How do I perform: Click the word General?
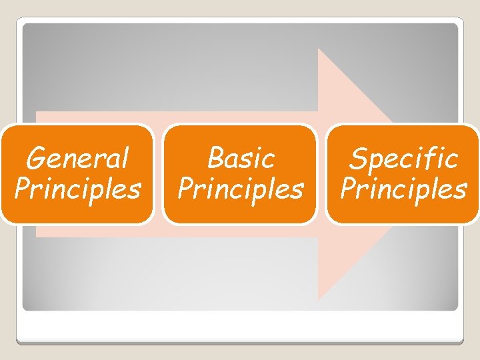point(77,159)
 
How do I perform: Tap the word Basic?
point(240,159)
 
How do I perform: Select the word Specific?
point(403,159)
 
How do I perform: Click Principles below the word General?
point(77,189)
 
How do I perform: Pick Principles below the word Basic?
point(240,189)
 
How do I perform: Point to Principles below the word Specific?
point(403,189)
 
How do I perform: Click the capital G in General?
point(35,159)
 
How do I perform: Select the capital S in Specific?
point(358,159)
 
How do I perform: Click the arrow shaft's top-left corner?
point(36,112)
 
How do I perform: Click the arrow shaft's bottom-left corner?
point(36,237)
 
